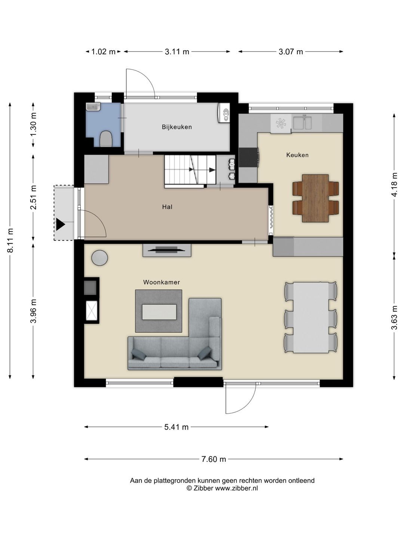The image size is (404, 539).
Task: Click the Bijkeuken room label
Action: click(177, 127)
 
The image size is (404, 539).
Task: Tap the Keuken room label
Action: click(297, 155)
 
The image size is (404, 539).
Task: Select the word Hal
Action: click(167, 207)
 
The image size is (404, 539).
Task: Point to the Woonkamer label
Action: click(161, 282)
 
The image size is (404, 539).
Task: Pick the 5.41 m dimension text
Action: click(176, 427)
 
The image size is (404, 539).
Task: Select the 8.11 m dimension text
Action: click(10, 240)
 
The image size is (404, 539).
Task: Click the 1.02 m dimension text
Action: click(103, 52)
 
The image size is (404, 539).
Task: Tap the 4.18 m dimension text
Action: click(394, 185)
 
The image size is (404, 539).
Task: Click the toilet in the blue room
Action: click(106, 139)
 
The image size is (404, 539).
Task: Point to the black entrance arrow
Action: click(60, 224)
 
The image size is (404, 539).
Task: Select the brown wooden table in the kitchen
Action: click(315, 198)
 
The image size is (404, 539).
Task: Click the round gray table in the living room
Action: click(100, 258)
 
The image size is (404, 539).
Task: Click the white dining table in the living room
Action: click(311, 317)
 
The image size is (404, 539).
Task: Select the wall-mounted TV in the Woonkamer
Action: click(167, 250)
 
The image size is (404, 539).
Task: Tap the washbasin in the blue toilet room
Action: click(94, 107)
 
